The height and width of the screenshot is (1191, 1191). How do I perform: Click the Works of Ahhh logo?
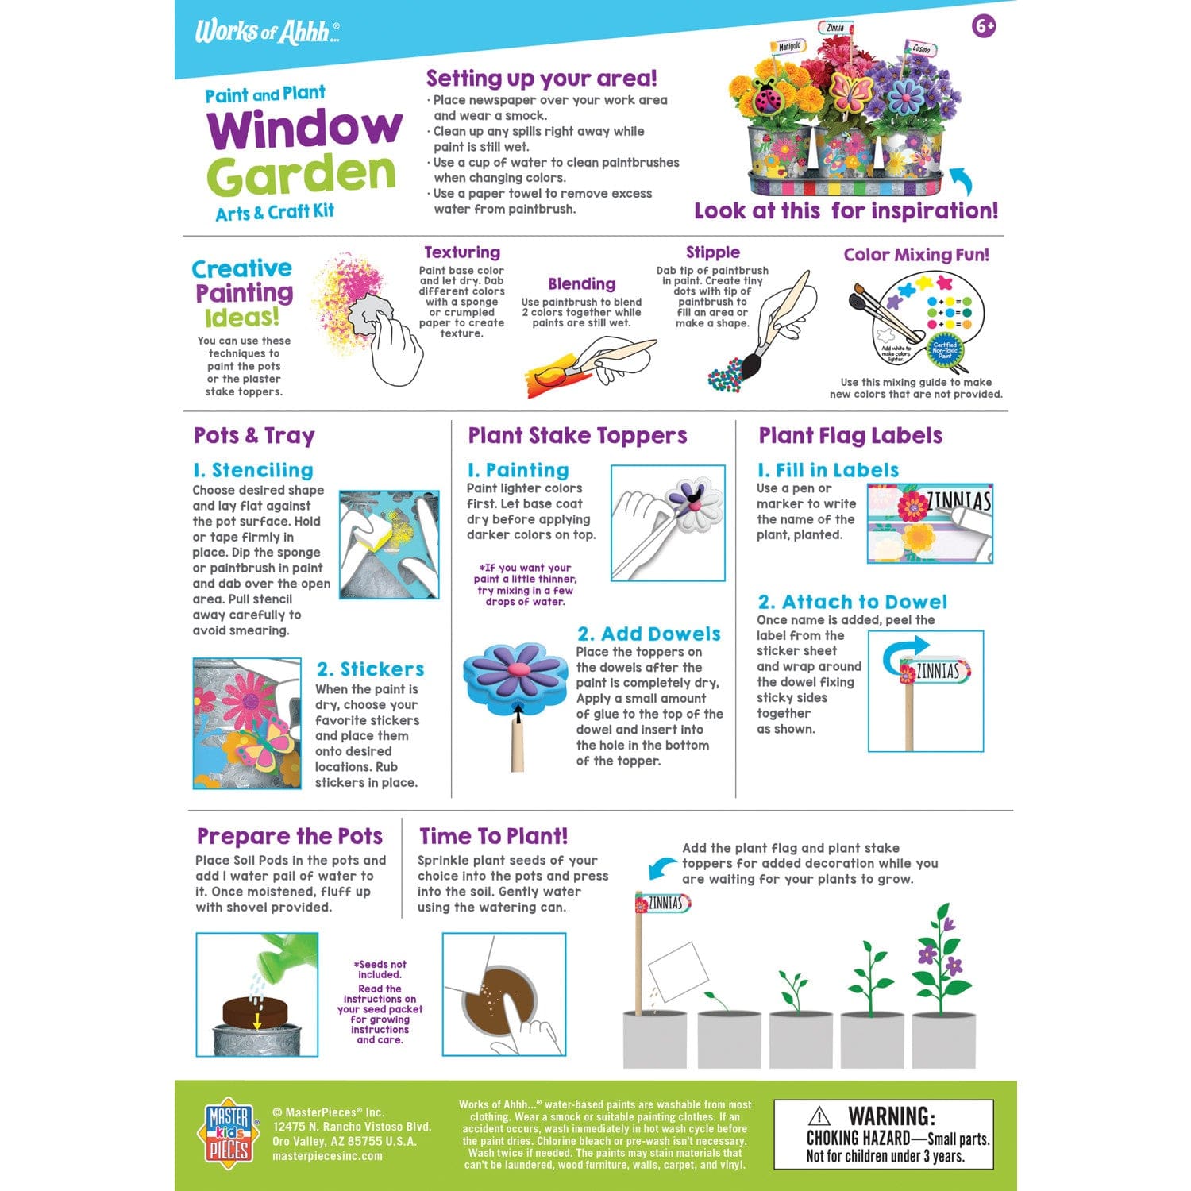pos(267,32)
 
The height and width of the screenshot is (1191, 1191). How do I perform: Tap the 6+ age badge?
pos(984,26)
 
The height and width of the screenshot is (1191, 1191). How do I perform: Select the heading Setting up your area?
pos(542,79)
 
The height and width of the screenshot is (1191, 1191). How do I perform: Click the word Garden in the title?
pos(302,175)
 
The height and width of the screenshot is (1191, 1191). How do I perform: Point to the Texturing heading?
pos(462,252)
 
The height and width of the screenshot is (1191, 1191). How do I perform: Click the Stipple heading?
pos(713,252)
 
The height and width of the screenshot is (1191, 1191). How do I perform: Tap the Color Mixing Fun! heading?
pos(916,255)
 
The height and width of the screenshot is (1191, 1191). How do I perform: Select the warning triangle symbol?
pos(819,1116)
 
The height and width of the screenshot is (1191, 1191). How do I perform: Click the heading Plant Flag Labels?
pos(850,436)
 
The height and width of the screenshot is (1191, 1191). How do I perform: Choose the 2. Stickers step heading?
pos(370,669)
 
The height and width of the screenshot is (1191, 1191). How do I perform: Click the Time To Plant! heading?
pos(493,836)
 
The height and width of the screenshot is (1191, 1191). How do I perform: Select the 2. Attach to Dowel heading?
pos(852,602)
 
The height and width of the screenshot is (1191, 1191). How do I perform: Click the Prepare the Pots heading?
pos(290,836)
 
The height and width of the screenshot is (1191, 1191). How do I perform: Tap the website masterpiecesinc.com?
pos(327,1156)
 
